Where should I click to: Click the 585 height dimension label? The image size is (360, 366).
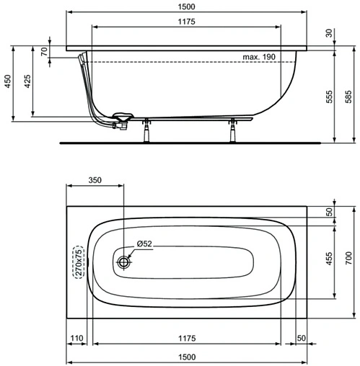tap(348, 97)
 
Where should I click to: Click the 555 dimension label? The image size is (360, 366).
tap(329, 97)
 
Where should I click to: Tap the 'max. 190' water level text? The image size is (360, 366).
tap(259, 57)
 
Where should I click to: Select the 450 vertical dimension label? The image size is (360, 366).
tap(7, 81)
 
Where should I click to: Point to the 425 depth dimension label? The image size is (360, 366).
tap(27, 81)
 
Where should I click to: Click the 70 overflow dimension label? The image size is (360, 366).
tap(44, 51)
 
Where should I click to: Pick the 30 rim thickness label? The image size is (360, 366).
tap(329, 33)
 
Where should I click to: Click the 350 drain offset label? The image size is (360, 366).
tap(95, 180)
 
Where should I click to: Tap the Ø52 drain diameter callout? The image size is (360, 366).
tap(144, 244)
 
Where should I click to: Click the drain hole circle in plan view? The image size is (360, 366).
tap(124, 262)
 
